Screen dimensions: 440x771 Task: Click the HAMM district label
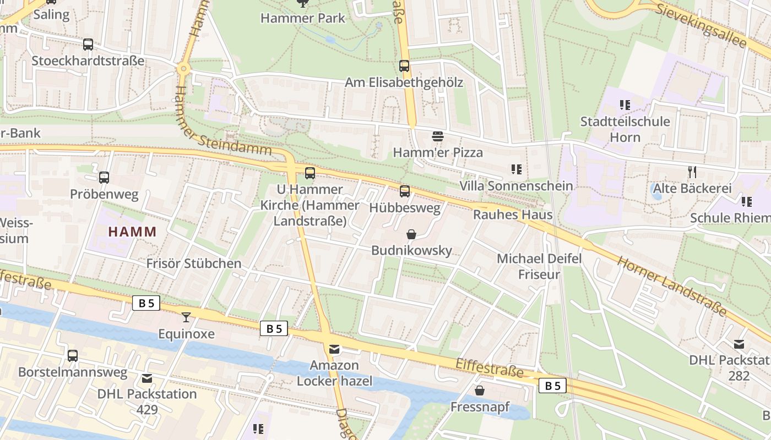pos(132,232)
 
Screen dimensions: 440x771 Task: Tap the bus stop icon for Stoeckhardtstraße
pos(88,45)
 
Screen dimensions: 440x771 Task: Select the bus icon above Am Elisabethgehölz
pos(404,66)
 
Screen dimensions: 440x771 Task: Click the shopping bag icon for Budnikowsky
pos(411,234)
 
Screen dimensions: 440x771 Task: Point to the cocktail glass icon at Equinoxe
pos(186,317)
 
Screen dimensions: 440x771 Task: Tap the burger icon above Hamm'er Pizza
pos(438,136)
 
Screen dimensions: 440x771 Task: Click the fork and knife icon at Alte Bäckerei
pos(692,172)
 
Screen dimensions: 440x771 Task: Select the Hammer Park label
pos(302,18)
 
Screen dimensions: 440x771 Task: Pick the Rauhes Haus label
pos(512,215)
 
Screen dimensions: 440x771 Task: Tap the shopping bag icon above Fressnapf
pos(480,391)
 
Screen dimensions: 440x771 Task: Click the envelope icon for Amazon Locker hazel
pos(334,349)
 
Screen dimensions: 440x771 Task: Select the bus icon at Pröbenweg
pos(104,178)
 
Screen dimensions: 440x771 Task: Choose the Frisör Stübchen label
pos(194,263)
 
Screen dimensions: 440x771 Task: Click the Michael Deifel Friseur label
pos(539,266)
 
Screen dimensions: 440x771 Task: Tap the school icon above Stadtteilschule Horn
pos(625,105)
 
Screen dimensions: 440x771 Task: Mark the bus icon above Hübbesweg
pos(405,191)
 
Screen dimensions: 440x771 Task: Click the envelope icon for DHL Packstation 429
pos(146,378)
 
